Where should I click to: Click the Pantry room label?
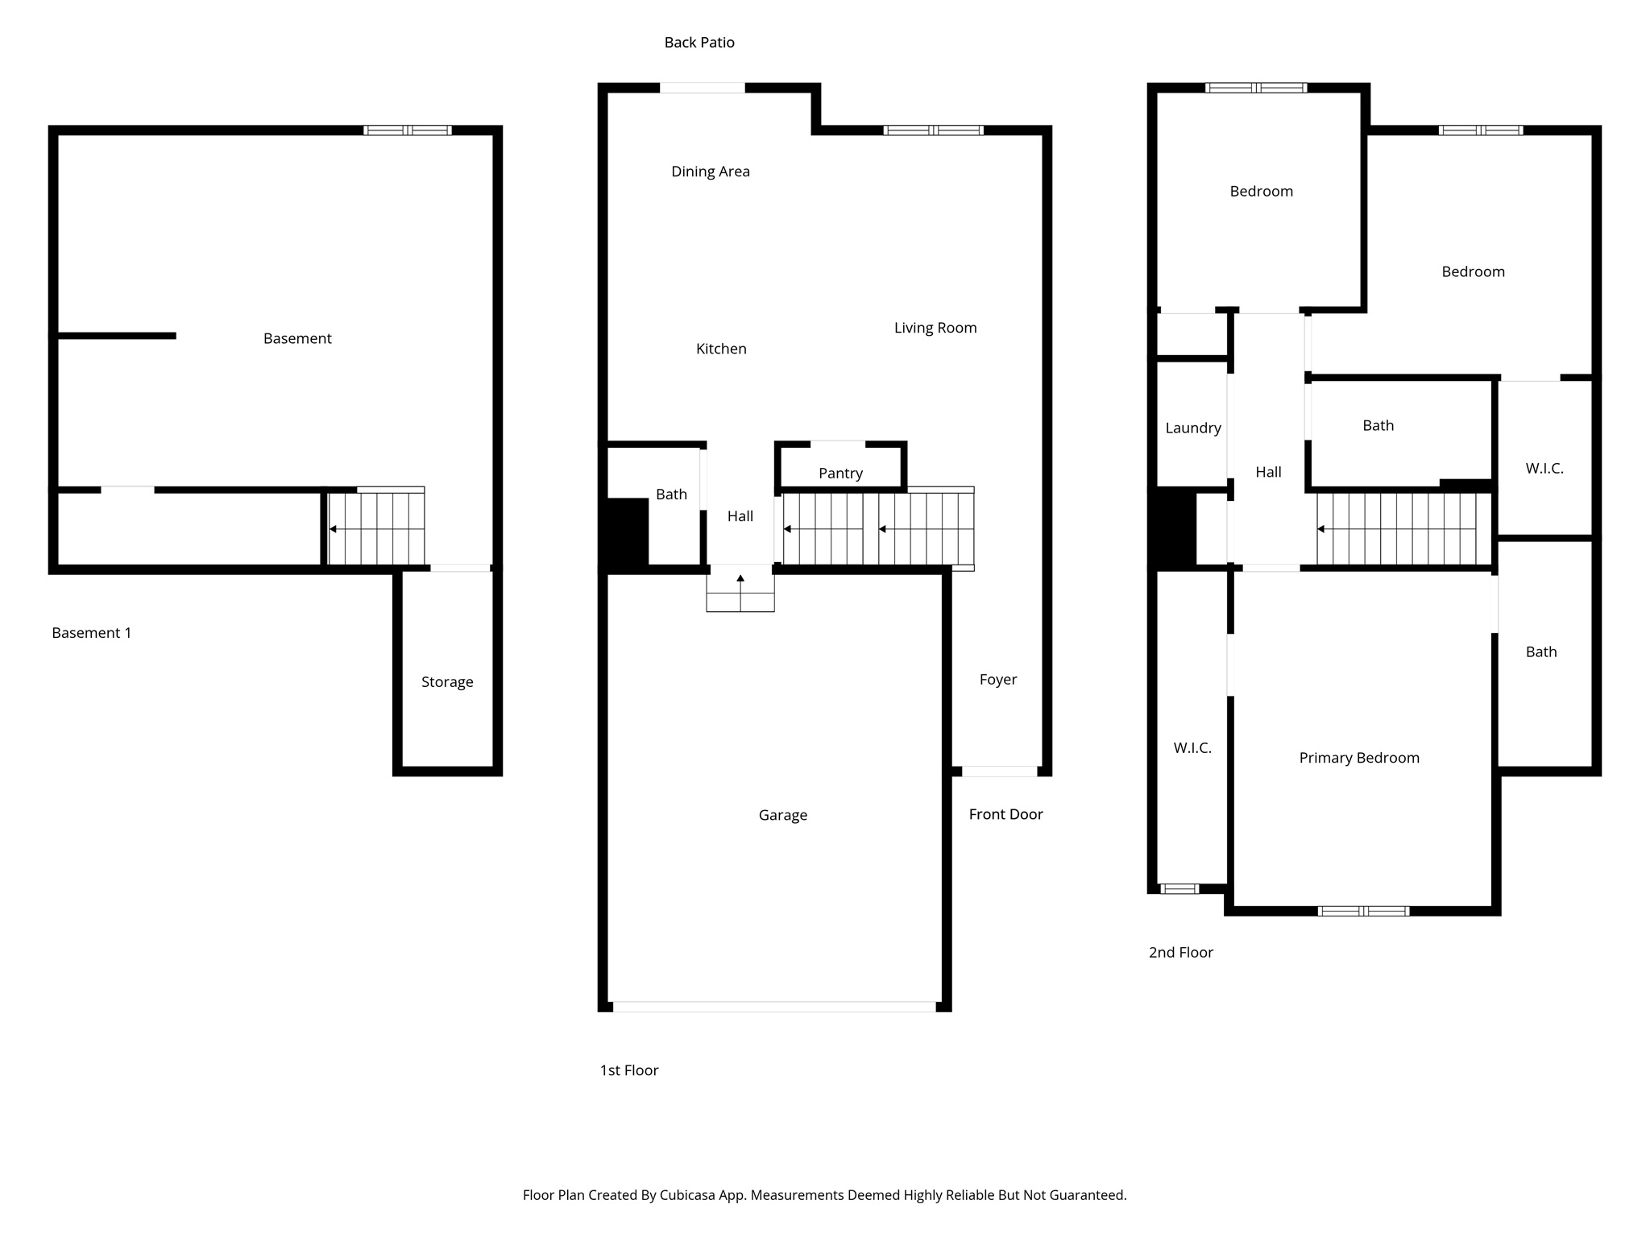840,474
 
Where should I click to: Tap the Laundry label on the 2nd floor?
1192,428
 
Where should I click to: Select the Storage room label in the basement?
447,682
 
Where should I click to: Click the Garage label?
782,815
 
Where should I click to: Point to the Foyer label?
997,680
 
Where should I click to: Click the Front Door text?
1005,814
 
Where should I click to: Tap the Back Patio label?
699,43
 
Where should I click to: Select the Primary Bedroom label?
1358,758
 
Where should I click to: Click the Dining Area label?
710,172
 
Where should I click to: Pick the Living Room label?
935,328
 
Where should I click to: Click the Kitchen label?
721,349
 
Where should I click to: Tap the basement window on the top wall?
407,130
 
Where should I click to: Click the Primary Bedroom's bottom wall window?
1363,911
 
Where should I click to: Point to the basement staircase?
376,527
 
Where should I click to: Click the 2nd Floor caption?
1180,953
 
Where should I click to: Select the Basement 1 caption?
91,633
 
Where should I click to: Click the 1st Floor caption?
628,1070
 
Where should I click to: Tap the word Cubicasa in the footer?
690,1195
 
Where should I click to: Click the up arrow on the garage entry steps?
740,578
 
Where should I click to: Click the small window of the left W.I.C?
1179,889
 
